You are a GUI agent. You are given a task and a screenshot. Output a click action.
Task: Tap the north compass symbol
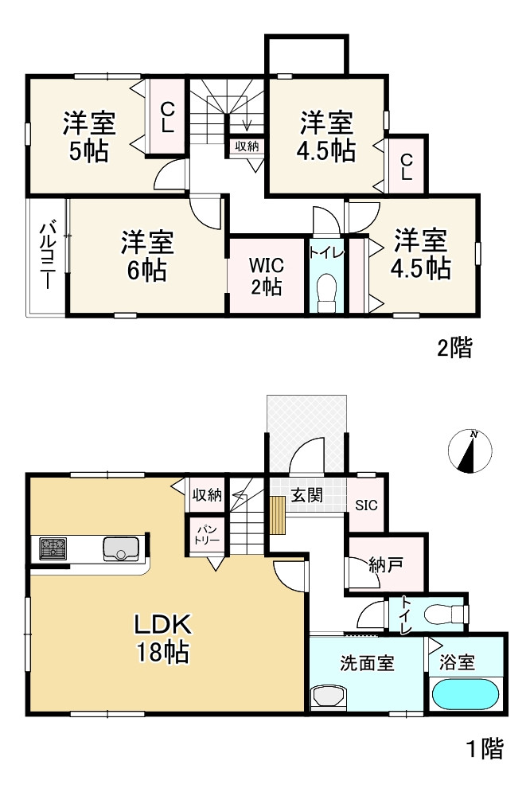tap(470, 451)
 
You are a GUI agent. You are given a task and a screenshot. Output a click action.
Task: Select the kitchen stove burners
tap(53, 548)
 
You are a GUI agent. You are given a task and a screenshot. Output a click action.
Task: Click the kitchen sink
tap(121, 549)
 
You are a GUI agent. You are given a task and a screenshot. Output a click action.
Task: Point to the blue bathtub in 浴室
tap(465, 694)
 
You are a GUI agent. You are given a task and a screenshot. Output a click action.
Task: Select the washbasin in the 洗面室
tap(329, 696)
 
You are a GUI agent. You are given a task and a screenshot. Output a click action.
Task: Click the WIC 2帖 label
tap(267, 276)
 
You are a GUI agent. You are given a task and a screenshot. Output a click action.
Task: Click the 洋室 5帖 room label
tap(89, 137)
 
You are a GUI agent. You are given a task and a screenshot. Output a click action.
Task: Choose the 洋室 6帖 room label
tap(147, 256)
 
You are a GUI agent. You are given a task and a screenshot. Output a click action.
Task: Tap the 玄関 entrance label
tap(306, 494)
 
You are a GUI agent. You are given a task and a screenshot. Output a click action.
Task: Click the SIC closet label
tap(366, 505)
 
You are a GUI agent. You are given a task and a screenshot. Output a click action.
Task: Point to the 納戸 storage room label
tap(386, 564)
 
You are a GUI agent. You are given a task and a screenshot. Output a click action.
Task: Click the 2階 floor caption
tap(455, 348)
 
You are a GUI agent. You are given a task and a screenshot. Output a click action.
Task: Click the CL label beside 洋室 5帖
tap(168, 117)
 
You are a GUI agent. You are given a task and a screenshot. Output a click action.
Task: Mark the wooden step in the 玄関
tap(279, 515)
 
